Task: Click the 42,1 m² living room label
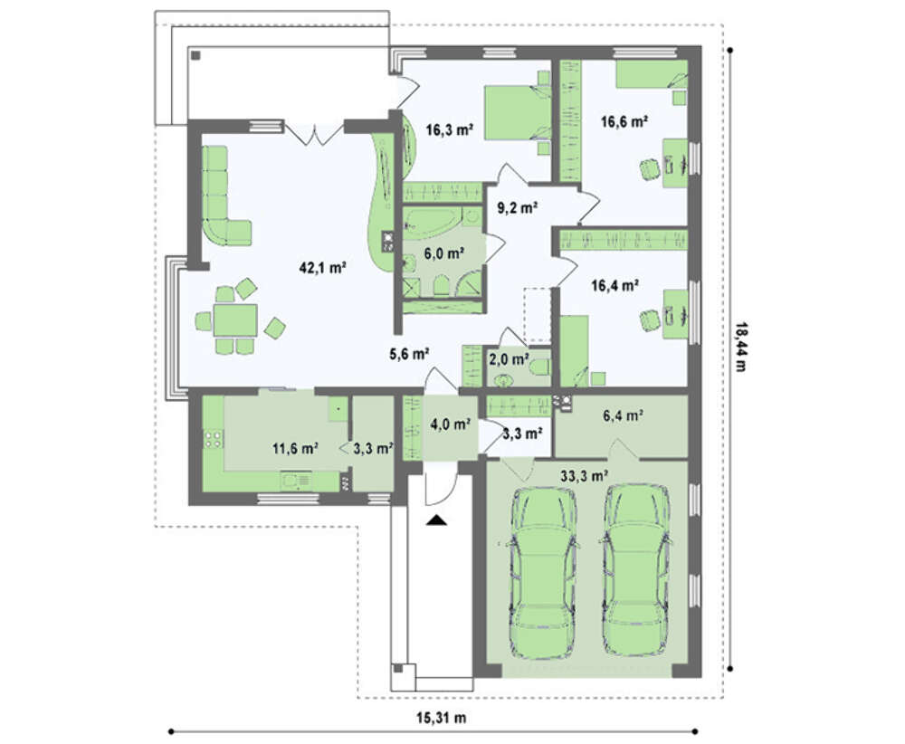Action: click(323, 267)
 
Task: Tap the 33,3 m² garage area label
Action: click(584, 475)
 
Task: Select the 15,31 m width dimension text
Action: click(442, 718)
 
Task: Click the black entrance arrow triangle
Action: click(437, 520)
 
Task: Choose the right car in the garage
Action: click(635, 570)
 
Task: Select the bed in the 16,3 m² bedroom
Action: click(517, 112)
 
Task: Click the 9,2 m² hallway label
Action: click(518, 207)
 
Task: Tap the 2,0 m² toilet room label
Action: click(509, 359)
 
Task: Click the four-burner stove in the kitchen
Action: click(213, 439)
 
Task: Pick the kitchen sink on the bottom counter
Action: click(296, 481)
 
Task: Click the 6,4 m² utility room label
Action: click(624, 415)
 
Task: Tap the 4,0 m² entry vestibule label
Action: click(450, 424)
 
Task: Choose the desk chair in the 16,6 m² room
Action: click(651, 170)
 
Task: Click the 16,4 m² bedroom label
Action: click(614, 285)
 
